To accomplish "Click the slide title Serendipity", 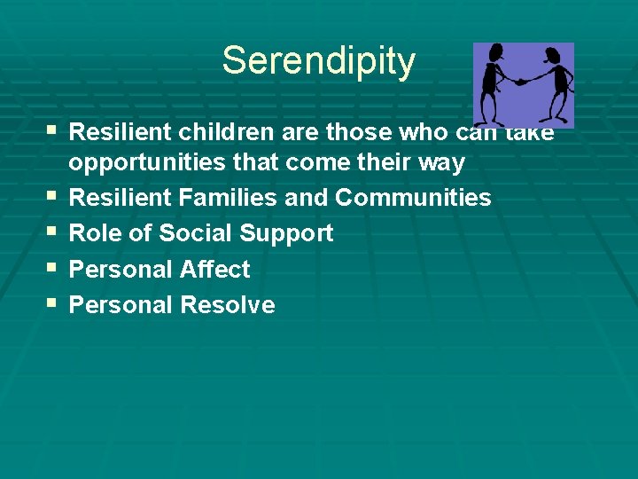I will point(318,61).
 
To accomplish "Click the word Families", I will point(229,198).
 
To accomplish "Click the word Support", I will point(284,234).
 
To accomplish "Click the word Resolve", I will point(227,305).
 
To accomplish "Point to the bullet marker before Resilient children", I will point(51,130).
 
